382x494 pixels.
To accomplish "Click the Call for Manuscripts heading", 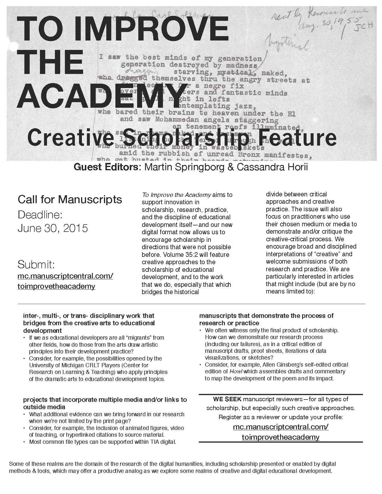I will click(70, 199).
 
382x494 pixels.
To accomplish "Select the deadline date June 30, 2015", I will click(53, 228).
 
